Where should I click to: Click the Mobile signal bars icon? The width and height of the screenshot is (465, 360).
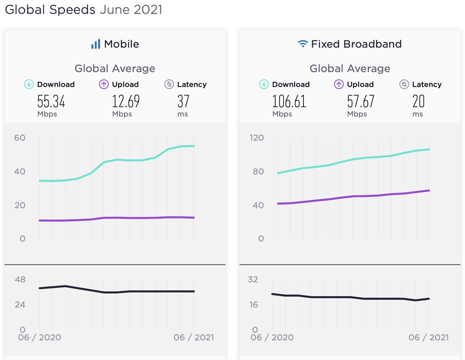tap(95, 44)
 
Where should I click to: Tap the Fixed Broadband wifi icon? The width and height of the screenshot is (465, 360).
tap(302, 44)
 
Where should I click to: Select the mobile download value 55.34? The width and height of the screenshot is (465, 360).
tap(51, 101)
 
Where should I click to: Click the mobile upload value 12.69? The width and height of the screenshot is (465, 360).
tap(126, 101)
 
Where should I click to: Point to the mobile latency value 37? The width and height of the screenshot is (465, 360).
tap(183, 101)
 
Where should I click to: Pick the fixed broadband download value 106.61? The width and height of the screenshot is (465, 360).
tap(289, 101)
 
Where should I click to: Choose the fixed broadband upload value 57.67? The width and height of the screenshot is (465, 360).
tap(361, 101)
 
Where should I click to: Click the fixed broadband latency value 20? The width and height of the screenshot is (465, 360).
tap(418, 101)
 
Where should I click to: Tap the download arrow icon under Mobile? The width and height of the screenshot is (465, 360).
tap(29, 84)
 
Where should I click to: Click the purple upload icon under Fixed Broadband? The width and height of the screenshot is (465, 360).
tap(339, 84)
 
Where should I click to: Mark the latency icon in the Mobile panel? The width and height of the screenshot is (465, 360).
tap(169, 84)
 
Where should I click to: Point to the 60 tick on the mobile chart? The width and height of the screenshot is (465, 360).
tap(20, 138)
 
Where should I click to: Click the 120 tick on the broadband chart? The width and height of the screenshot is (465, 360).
tap(257, 138)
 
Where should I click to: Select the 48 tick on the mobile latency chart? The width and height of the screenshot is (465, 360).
tap(20, 280)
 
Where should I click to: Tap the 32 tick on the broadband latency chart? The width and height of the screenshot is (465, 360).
tap(252, 280)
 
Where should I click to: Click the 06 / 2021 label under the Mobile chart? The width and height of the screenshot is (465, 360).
tap(193, 337)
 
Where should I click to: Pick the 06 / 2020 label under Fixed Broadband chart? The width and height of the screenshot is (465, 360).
tap(272, 337)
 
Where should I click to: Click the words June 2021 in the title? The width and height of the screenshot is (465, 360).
tap(131, 10)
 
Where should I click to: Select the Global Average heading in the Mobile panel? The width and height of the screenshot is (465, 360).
tap(115, 69)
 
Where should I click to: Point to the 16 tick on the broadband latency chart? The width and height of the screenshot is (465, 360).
tap(252, 305)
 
